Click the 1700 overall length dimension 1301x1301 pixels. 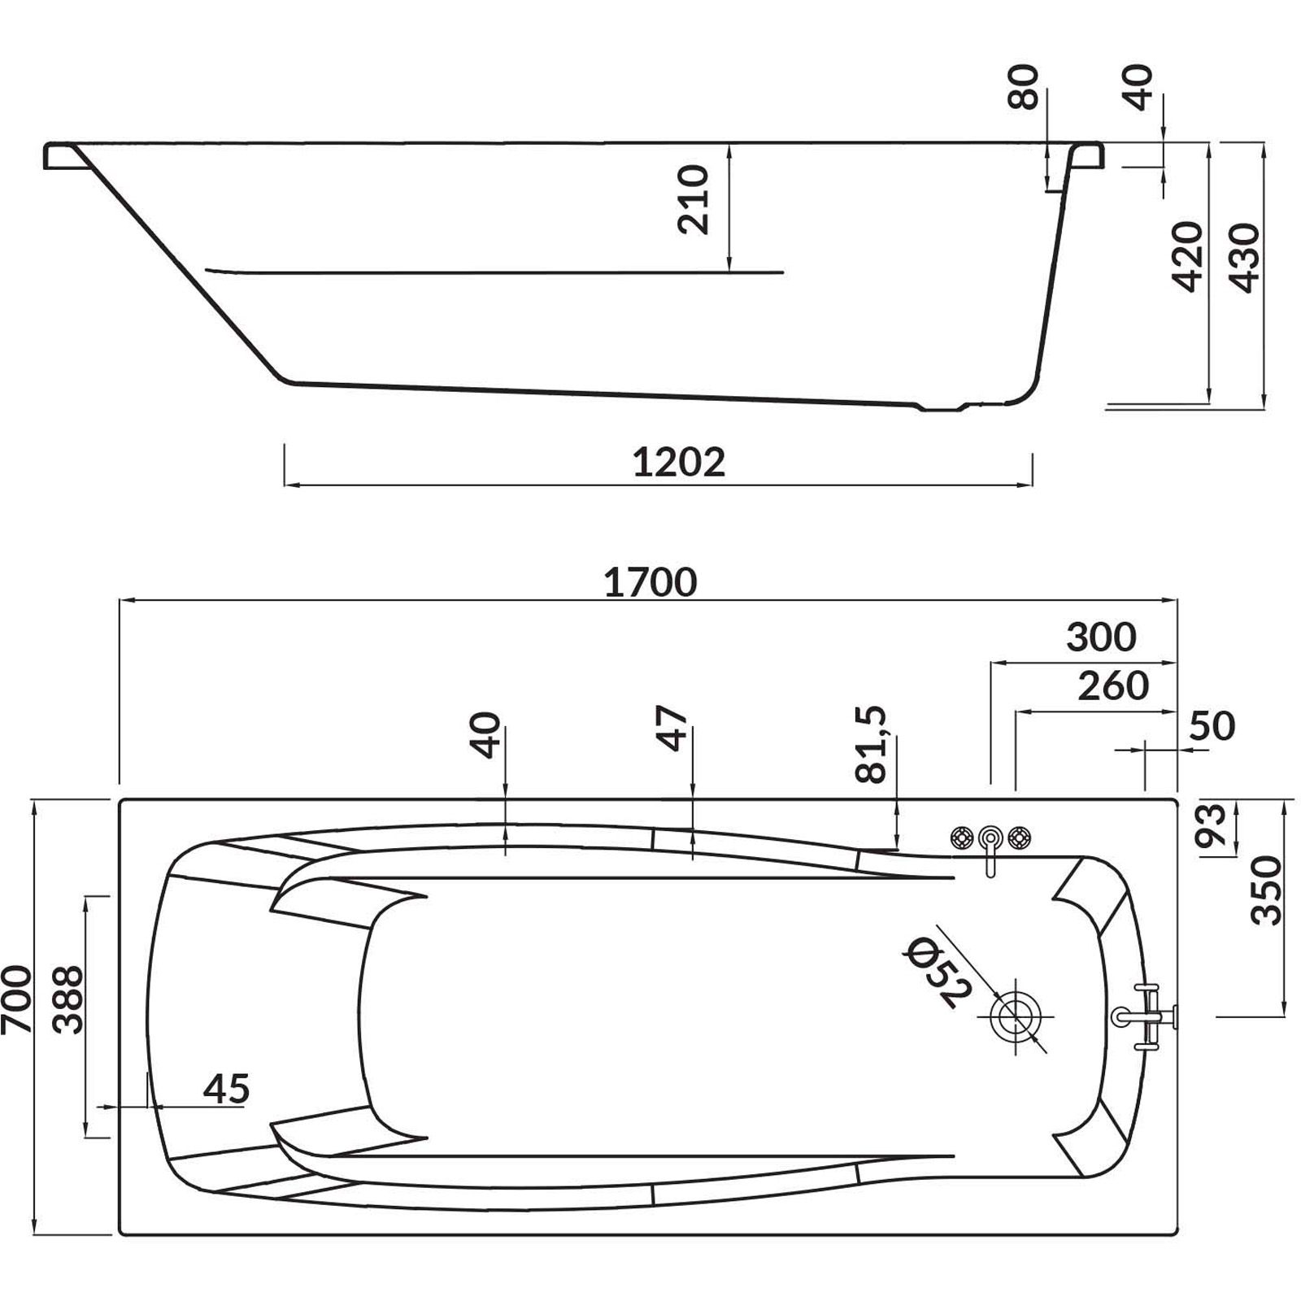650,582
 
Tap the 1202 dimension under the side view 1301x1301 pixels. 679,463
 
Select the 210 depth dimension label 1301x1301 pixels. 694,199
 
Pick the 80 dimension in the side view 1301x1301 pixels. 1024,87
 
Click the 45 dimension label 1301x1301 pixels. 226,1089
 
